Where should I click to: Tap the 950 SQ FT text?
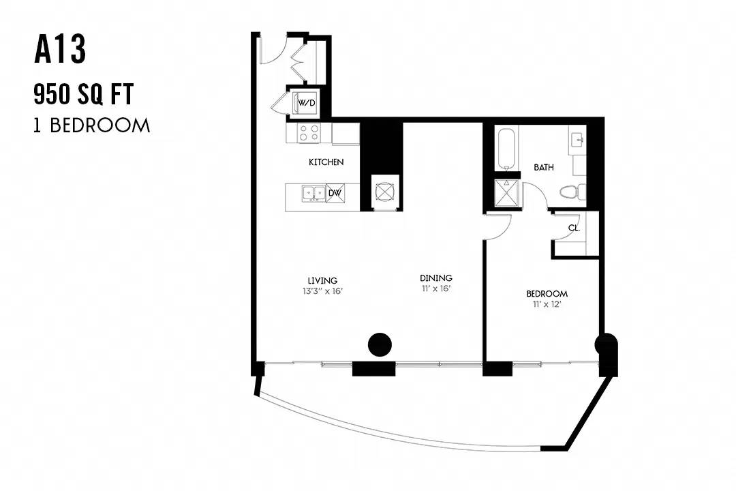[84, 93]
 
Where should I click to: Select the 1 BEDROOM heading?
[91, 125]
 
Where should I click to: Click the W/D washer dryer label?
[307, 103]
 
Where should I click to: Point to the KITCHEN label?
[326, 162]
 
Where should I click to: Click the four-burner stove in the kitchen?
[309, 132]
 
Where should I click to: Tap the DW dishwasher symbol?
[335, 192]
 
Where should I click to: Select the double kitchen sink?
[314, 193]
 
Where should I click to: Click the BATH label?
[544, 167]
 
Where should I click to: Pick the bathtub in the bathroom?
[506, 149]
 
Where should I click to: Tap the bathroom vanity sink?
[577, 139]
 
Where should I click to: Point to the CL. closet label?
[574, 228]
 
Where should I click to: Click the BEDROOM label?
[547, 294]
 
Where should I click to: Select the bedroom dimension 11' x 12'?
[547, 304]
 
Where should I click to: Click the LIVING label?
[322, 281]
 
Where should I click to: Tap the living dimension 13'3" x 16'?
[322, 291]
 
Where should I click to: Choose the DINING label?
[436, 278]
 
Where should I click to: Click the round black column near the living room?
[380, 345]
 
